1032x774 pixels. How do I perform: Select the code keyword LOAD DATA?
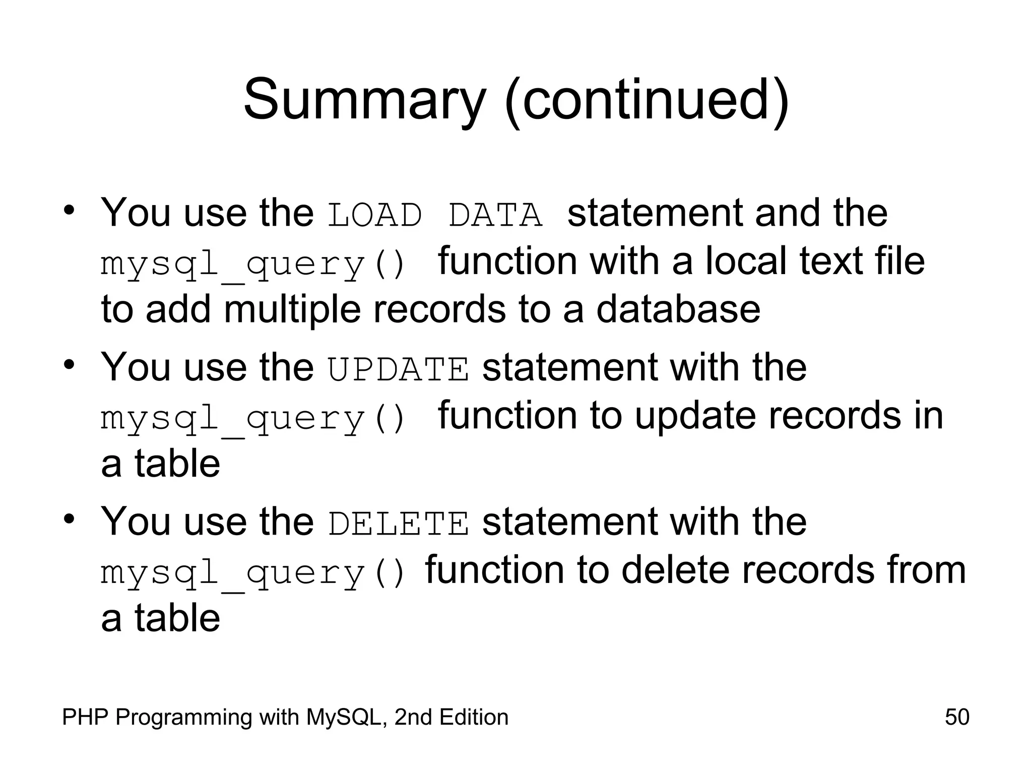click(x=435, y=215)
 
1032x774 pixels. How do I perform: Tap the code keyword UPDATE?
click(x=398, y=369)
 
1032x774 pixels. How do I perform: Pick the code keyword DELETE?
click(x=398, y=524)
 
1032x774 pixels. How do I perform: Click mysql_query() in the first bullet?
click(x=253, y=264)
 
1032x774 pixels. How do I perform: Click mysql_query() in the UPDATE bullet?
click(x=253, y=418)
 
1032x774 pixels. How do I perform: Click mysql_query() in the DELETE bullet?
click(x=253, y=573)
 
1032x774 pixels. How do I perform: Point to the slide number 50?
click(x=957, y=717)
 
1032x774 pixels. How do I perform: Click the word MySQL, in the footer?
click(x=347, y=717)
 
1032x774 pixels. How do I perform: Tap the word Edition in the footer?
click(x=473, y=717)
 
